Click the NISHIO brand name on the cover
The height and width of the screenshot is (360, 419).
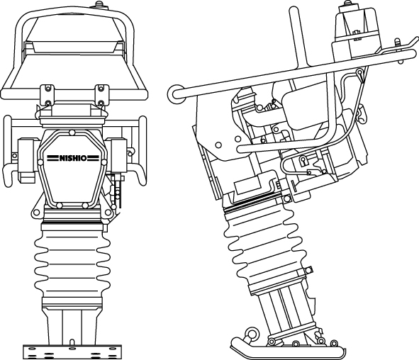pyautogui.click(x=73, y=158)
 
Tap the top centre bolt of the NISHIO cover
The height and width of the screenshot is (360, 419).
pyautogui.click(x=72, y=133)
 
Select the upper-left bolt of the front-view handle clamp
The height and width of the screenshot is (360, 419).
pyautogui.click(x=48, y=88)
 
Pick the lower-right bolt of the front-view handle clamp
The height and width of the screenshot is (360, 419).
pyautogui.click(x=101, y=103)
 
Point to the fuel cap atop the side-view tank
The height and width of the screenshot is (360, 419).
pyautogui.click(x=347, y=3)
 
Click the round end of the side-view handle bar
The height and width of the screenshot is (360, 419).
pyautogui.click(x=176, y=94)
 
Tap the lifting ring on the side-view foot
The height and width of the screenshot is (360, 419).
pyautogui.click(x=251, y=333)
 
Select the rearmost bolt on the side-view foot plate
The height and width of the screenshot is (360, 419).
pyautogui.click(x=334, y=343)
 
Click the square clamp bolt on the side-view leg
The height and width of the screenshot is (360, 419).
pyautogui.click(x=308, y=269)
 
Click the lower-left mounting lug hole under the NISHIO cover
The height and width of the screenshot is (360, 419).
pyautogui.click(x=36, y=213)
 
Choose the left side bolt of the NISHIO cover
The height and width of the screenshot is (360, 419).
pyautogui.click(x=40, y=162)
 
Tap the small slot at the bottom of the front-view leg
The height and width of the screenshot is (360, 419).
pyautogui.click(x=72, y=342)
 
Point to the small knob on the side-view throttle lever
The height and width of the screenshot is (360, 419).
pyautogui.click(x=397, y=41)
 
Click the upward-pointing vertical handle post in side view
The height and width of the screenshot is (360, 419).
pyautogui.click(x=298, y=36)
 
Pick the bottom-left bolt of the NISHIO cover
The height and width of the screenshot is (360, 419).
pyautogui.click(x=60, y=206)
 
